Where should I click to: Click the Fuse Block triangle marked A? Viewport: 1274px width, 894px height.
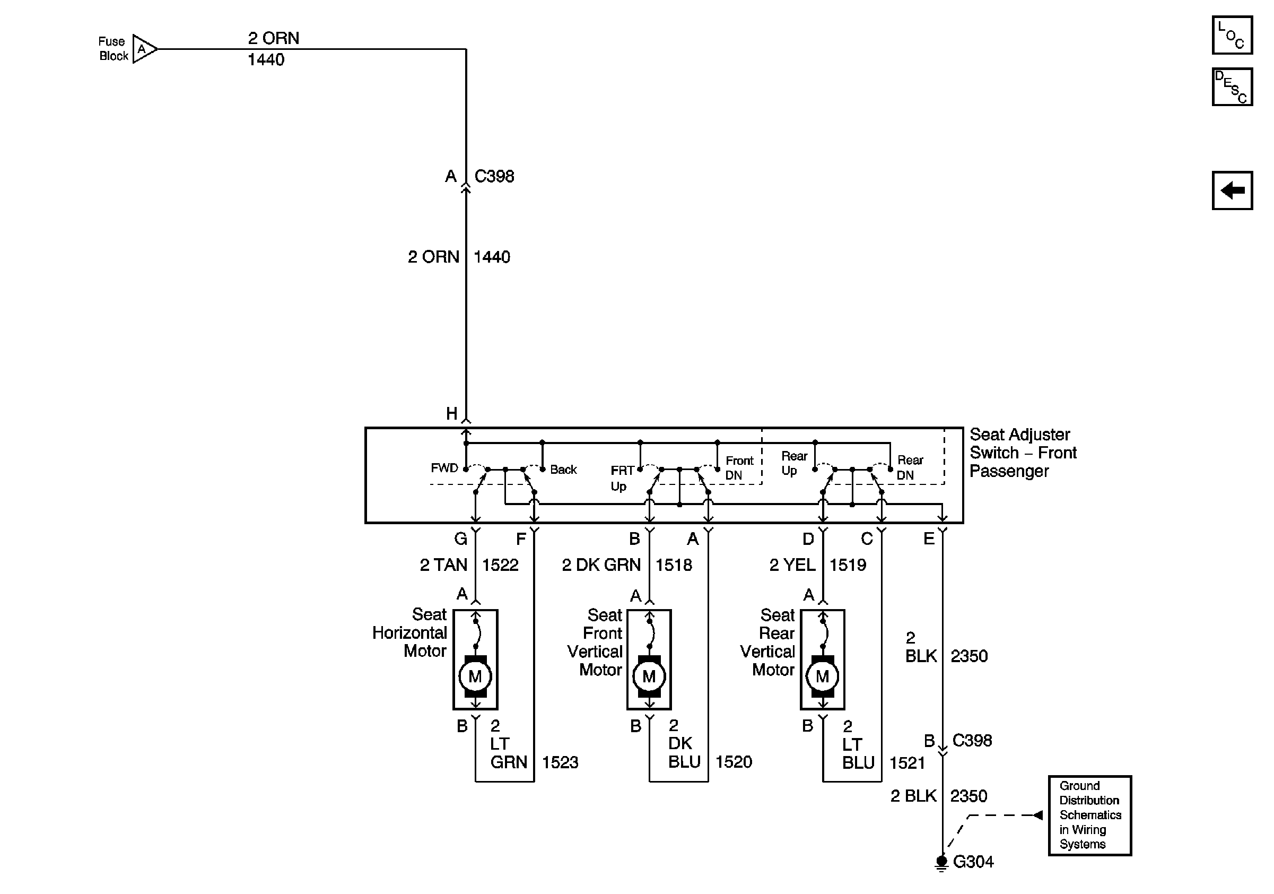click(x=144, y=49)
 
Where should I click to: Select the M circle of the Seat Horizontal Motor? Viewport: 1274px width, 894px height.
click(x=475, y=676)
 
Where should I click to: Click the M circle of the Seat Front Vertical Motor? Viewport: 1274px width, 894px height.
click(x=649, y=676)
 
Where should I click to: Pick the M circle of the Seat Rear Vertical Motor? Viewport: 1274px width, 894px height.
click(x=822, y=676)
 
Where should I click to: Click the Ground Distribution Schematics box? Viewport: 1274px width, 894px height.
click(x=1089, y=815)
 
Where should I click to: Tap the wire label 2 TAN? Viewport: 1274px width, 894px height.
click(x=443, y=565)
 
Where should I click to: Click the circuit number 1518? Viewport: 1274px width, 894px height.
click(x=674, y=565)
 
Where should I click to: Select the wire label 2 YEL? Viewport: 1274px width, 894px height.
click(x=792, y=565)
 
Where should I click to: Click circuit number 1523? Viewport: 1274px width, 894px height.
click(x=560, y=762)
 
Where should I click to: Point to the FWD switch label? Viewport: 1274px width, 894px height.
click(x=444, y=468)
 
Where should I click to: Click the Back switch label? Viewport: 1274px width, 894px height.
click(x=563, y=470)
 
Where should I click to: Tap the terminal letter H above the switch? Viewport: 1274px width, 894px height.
click(x=452, y=413)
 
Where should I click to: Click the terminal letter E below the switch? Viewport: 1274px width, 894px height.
click(x=928, y=539)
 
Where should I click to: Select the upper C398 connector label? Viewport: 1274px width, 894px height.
click(x=494, y=177)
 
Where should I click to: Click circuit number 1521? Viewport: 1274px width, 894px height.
click(x=907, y=762)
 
